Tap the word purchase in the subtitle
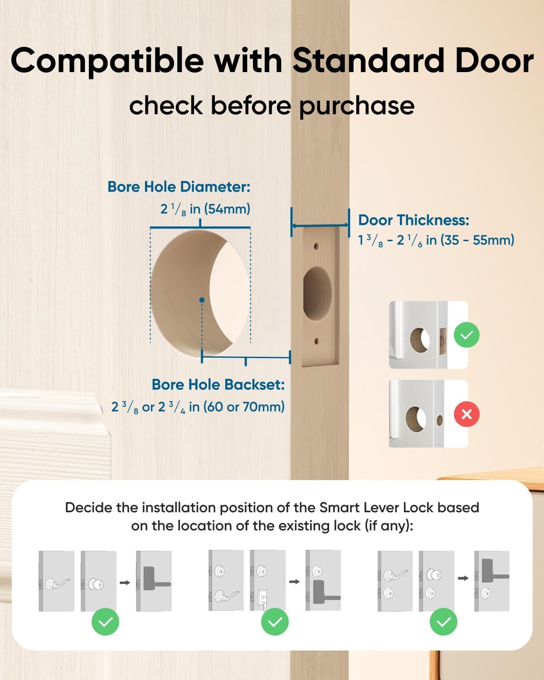coord(356,106)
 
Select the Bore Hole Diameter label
coord(179,187)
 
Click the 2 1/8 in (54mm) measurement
coord(205,209)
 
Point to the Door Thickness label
coord(413,220)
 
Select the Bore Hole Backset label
coord(218,384)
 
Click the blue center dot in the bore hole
coord(202,300)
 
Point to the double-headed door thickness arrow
coord(320,225)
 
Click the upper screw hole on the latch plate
coord(317,247)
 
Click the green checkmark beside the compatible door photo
coord(466,335)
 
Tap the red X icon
coord(466,414)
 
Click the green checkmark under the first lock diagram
coord(105,622)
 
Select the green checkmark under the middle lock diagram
coord(275,622)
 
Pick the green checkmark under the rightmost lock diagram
coord(443,622)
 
